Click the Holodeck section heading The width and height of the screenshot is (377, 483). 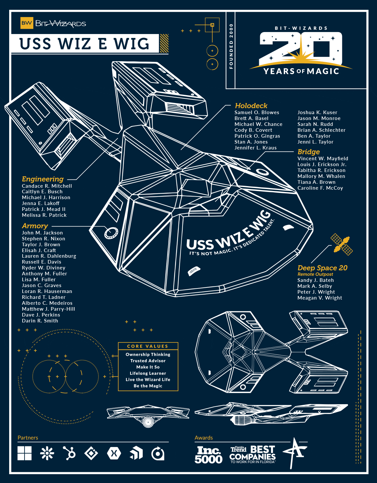[251, 106]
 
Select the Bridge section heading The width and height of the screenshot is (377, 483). [309, 152]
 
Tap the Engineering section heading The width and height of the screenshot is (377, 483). [43, 179]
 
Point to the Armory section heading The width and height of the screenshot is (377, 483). [35, 226]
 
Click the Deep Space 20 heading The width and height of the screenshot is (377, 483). [322, 268]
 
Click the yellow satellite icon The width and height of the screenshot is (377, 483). [341, 244]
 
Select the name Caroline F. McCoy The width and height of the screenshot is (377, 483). [320, 188]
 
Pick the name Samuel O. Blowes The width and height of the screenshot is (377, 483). [257, 112]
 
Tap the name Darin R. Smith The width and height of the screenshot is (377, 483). [40, 321]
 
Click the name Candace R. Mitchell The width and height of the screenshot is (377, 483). [47, 186]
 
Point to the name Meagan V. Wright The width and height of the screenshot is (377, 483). [319, 298]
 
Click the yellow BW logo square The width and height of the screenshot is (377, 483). [27, 23]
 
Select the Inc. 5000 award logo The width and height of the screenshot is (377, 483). [208, 455]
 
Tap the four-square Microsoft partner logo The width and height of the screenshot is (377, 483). [25, 453]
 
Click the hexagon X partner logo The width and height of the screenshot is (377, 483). [114, 453]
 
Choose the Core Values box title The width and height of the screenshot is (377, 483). [148, 346]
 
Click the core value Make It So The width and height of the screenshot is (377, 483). [148, 367]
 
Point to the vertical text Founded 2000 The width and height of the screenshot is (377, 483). [231, 46]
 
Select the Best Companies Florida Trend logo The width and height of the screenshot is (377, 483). [252, 455]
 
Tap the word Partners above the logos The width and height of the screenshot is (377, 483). [28, 438]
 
